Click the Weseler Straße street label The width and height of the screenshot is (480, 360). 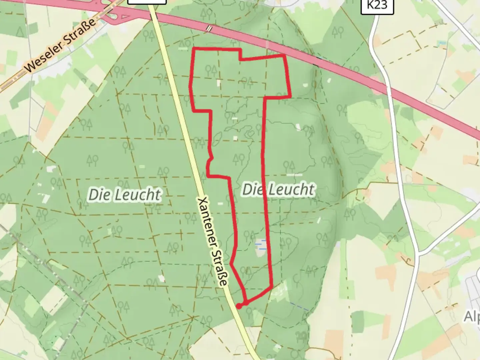point(60,47)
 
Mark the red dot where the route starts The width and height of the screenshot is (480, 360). point(239,306)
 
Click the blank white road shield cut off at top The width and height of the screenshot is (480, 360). point(147,2)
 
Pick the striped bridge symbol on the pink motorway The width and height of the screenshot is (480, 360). point(209,29)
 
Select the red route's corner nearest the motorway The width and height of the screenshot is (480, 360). point(284,55)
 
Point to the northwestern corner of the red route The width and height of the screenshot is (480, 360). point(194,49)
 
